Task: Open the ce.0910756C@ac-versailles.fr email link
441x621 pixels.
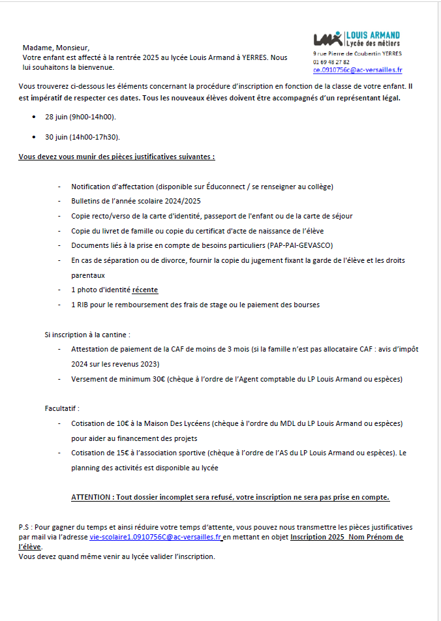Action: (357, 70)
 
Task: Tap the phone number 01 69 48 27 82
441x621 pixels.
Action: (331, 62)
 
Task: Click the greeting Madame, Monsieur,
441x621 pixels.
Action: (55, 48)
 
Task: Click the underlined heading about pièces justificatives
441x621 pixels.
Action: (117, 157)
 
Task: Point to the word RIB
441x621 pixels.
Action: (84, 305)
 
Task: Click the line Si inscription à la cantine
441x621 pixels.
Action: (84, 335)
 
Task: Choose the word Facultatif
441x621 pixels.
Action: (61, 409)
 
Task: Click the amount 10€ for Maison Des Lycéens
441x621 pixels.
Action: (120, 423)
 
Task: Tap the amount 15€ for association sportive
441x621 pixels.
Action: (120, 453)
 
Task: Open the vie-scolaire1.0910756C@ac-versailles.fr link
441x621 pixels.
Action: (156, 537)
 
